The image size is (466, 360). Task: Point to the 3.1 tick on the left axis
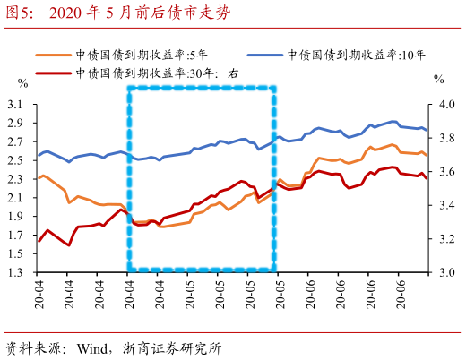tap(16, 104)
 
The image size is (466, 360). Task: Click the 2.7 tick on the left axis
tap(16, 141)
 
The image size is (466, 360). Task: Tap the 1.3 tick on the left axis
tap(16, 272)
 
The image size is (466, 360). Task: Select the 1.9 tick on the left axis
tap(16, 216)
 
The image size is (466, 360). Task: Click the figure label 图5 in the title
tap(18, 13)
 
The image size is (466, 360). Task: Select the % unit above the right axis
tap(438, 79)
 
